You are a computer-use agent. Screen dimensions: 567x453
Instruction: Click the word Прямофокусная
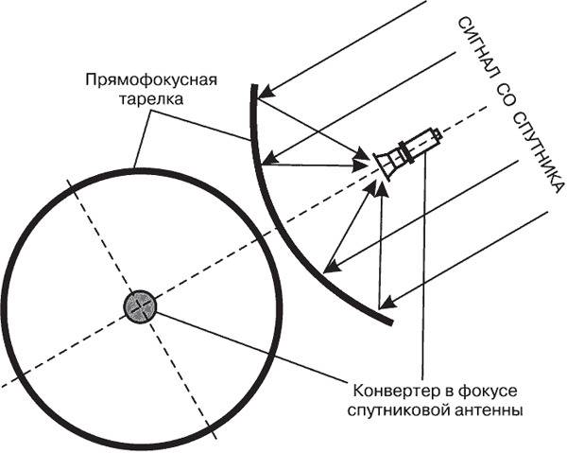151,80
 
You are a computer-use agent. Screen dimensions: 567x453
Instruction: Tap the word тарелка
151,99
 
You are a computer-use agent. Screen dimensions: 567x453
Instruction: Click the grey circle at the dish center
140,306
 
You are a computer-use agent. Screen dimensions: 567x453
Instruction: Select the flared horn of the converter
385,164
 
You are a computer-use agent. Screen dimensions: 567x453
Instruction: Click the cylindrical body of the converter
421,144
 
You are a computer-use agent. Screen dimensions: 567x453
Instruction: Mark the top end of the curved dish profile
254,86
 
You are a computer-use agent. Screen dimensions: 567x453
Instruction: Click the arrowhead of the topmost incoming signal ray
266,93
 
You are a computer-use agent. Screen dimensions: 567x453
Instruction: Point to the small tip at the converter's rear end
438,134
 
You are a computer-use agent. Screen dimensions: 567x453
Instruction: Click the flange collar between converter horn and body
404,153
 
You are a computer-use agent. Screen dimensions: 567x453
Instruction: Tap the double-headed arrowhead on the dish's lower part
330,267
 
